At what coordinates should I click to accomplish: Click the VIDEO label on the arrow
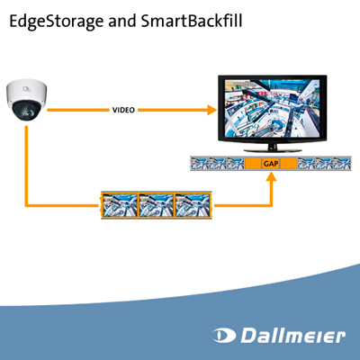tap(124, 111)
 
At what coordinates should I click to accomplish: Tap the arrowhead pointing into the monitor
tap(211, 111)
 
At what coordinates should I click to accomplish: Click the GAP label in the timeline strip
tap(270, 165)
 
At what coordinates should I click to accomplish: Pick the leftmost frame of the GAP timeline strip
tap(197, 165)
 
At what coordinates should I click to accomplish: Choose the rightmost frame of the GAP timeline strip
tap(341, 165)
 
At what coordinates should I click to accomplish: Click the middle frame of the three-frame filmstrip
tap(157, 204)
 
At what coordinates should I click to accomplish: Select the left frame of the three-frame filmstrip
tap(120, 204)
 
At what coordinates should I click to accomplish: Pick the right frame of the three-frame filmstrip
tap(193, 204)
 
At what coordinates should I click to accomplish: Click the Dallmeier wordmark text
tap(292, 337)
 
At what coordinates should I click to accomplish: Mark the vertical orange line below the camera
tap(27, 162)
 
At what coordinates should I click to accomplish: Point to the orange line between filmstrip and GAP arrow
tap(243, 205)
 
